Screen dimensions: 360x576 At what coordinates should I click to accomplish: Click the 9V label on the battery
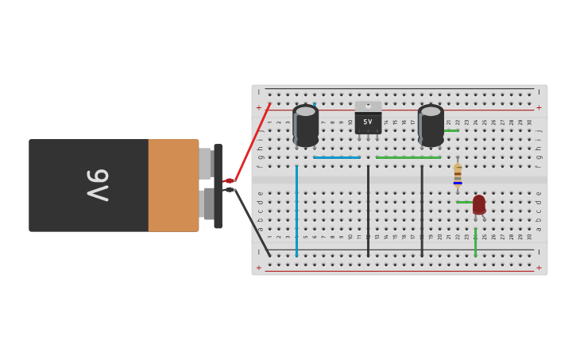pyautogui.click(x=98, y=185)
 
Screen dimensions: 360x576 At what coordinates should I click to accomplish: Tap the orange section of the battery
pyautogui.click(x=172, y=185)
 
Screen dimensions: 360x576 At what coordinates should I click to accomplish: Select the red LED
pyautogui.click(x=479, y=204)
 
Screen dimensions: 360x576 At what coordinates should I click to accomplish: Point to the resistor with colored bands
pyautogui.click(x=458, y=176)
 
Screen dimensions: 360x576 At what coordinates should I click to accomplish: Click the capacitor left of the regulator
pyautogui.click(x=306, y=125)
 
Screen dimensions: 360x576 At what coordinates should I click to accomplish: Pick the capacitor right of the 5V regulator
pyautogui.click(x=431, y=125)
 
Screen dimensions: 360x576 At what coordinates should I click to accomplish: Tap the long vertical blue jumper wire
pyautogui.click(x=296, y=211)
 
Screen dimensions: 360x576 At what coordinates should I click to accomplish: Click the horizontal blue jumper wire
pyautogui.click(x=336, y=157)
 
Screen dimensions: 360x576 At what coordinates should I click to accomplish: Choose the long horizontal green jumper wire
pyautogui.click(x=408, y=157)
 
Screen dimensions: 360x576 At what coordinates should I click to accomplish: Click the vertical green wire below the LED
pyautogui.click(x=475, y=242)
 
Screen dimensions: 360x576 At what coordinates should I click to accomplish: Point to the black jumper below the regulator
pyautogui.click(x=368, y=211)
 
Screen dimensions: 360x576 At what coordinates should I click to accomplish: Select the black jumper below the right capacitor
pyautogui.click(x=422, y=211)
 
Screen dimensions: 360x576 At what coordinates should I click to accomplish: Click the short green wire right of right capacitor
pyautogui.click(x=451, y=130)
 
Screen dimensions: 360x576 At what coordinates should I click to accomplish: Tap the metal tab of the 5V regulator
pyautogui.click(x=368, y=106)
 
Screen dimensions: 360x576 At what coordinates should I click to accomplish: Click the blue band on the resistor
pyautogui.click(x=458, y=183)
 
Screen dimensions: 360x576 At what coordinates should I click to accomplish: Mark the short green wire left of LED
pyautogui.click(x=465, y=202)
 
